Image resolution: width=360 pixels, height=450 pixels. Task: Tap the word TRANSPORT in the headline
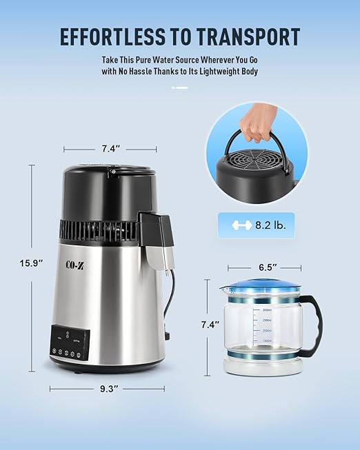tap(252, 36)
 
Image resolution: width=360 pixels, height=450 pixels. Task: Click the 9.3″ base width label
tap(107, 389)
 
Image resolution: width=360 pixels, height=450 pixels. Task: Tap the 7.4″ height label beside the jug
tap(210, 324)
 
